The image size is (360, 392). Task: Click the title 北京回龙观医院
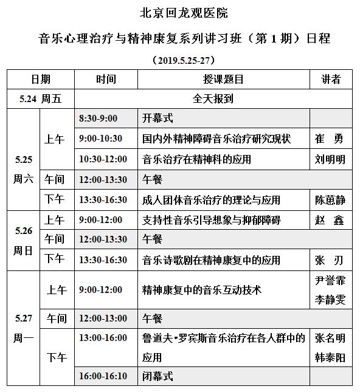click(179, 13)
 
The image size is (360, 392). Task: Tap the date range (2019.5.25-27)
click(181, 61)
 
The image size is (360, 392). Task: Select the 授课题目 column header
click(223, 80)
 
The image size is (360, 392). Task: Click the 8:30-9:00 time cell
click(99, 118)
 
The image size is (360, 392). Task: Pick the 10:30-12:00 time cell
click(103, 159)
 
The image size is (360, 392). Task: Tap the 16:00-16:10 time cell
click(103, 376)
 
